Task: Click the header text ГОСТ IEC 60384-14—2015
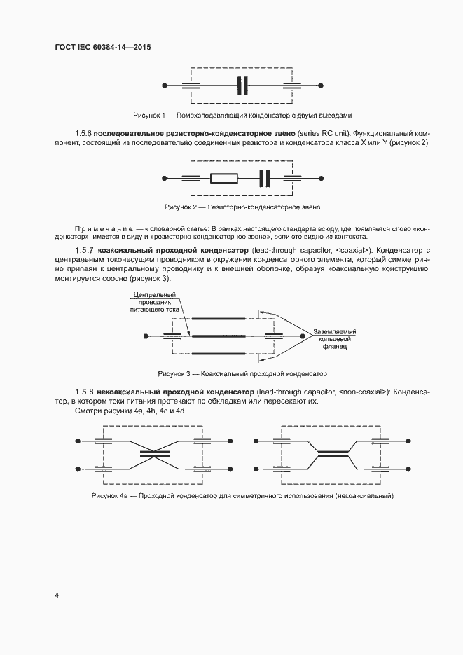(x=102, y=48)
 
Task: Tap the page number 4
(x=56, y=595)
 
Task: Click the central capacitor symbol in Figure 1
(x=242, y=85)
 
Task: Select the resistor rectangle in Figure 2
(x=224, y=178)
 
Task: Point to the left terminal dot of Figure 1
(x=164, y=85)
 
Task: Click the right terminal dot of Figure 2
(x=321, y=178)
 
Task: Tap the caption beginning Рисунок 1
(x=242, y=115)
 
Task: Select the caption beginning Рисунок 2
(x=242, y=207)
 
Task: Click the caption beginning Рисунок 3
(x=242, y=373)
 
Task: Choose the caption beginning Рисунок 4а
(x=242, y=496)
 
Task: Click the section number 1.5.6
(x=83, y=133)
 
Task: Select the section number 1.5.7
(x=83, y=250)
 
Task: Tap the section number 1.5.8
(x=83, y=392)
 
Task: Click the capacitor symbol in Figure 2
(x=263, y=178)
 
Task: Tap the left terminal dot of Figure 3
(x=145, y=336)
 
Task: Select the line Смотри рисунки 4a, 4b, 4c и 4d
(x=130, y=411)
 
